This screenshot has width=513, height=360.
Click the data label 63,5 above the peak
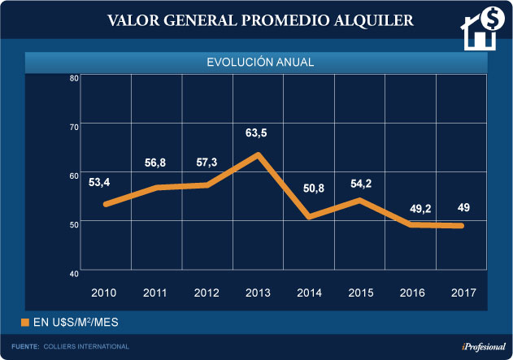258,131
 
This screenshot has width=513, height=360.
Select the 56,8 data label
153,163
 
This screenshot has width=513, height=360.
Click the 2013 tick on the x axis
258,291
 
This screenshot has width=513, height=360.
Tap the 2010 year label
102,291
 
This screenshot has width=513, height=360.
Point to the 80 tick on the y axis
73,79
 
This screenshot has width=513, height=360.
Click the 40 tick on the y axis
73,272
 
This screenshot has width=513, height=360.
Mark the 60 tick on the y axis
73,176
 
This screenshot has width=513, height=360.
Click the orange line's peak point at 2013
258,154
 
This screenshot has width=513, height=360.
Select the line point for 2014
310,216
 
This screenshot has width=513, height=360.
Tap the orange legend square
25,323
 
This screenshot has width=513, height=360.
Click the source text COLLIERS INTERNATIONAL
87,347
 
